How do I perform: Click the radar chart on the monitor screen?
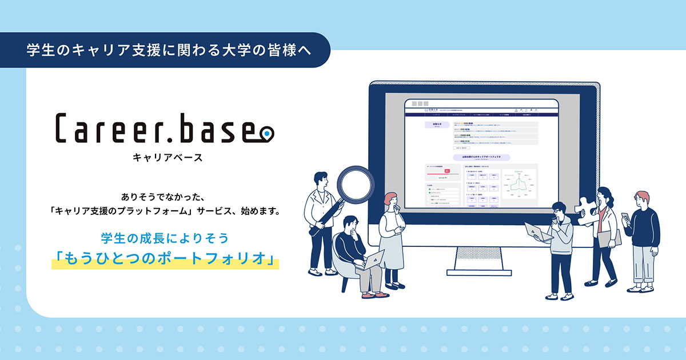[519, 185]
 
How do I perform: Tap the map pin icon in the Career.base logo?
[266, 133]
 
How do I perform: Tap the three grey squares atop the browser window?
[419, 104]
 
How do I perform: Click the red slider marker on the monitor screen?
[447, 170]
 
